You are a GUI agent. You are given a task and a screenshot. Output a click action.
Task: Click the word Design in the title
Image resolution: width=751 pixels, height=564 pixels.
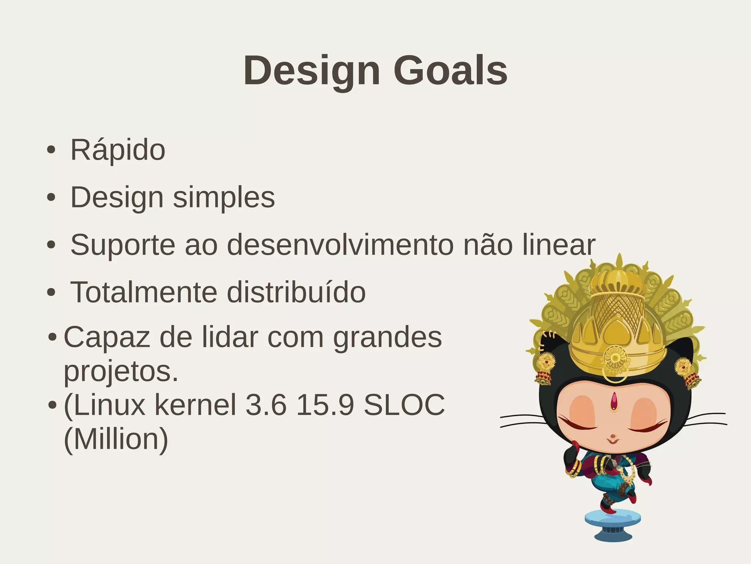(x=312, y=70)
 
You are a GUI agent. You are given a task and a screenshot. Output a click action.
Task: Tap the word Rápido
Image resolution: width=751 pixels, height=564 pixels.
(x=118, y=150)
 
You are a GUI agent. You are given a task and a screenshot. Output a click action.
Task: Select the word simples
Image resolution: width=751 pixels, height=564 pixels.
(x=224, y=197)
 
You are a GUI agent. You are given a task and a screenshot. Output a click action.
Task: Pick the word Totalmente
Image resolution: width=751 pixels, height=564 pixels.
(x=144, y=292)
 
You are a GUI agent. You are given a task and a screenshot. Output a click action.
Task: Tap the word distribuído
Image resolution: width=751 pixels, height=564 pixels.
(x=296, y=292)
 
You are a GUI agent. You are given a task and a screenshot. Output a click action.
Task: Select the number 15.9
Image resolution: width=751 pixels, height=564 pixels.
(x=325, y=405)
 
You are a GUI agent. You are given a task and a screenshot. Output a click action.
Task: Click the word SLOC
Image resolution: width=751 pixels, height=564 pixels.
(x=404, y=405)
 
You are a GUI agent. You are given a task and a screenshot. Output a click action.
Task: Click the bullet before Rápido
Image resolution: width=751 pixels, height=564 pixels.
(x=51, y=150)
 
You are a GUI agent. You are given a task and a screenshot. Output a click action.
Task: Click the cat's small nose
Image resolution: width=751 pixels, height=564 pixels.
(x=613, y=437)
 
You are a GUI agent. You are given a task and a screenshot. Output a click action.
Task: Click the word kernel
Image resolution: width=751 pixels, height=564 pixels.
(x=195, y=405)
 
